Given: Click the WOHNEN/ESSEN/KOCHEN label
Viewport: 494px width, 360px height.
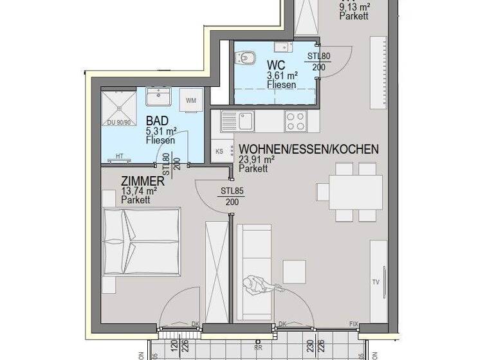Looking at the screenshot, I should click(308, 150).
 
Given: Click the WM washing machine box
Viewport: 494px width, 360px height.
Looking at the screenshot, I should click(191, 100).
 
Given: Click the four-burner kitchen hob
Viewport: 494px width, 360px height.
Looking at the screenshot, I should click(296, 120).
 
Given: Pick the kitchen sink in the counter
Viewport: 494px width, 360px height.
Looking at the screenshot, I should click(245, 120).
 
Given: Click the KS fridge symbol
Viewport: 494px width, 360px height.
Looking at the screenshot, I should click(218, 152).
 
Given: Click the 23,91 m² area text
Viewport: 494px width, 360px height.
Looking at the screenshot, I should click(257, 160).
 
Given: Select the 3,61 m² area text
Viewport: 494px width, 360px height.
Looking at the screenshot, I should click(280, 75).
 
